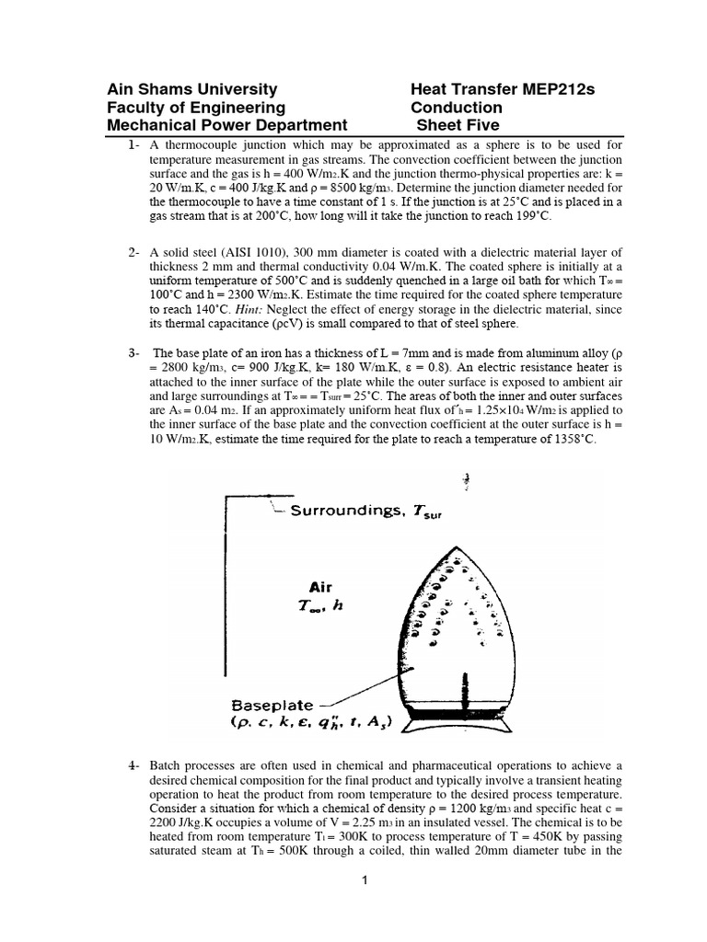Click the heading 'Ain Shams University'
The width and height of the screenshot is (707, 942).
[x=192, y=89]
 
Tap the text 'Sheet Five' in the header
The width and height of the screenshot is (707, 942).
[x=458, y=126]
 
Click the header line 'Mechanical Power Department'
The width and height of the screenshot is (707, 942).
[x=227, y=126]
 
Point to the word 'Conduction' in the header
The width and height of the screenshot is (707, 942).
[x=456, y=108]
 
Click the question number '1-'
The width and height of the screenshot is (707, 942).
[x=135, y=144]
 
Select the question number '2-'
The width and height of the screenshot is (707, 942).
[x=135, y=252]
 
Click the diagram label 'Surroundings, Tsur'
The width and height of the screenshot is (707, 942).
[x=365, y=511]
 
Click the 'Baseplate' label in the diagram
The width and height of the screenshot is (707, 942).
[x=269, y=704]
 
